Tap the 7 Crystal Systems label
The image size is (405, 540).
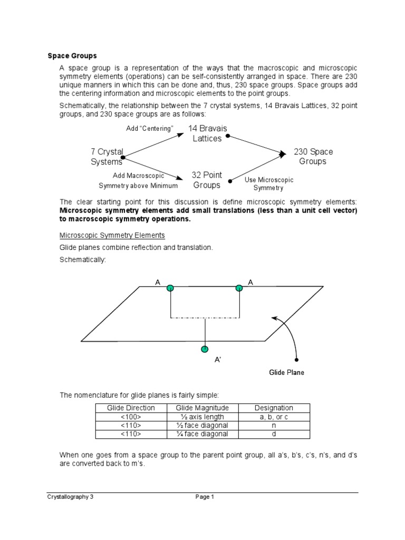[x=107, y=157]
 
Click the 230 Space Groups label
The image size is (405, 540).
[x=313, y=157]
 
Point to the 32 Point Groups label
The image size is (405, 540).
[x=207, y=180]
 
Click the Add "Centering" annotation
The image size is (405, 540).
[x=150, y=129]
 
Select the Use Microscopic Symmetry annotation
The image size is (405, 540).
[x=268, y=184]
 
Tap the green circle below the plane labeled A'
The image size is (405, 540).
[x=205, y=349]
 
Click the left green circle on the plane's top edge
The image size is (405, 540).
[x=170, y=288]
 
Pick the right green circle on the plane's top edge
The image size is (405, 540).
[x=239, y=288]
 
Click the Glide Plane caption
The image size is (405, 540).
[x=286, y=372]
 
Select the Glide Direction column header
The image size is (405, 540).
[x=131, y=408]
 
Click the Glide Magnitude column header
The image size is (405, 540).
[x=202, y=408]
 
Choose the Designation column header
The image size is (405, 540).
[x=274, y=408]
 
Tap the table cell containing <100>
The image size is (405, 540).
[x=131, y=416]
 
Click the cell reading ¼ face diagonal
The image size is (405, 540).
[x=202, y=433]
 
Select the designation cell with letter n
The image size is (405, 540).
[x=274, y=425]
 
